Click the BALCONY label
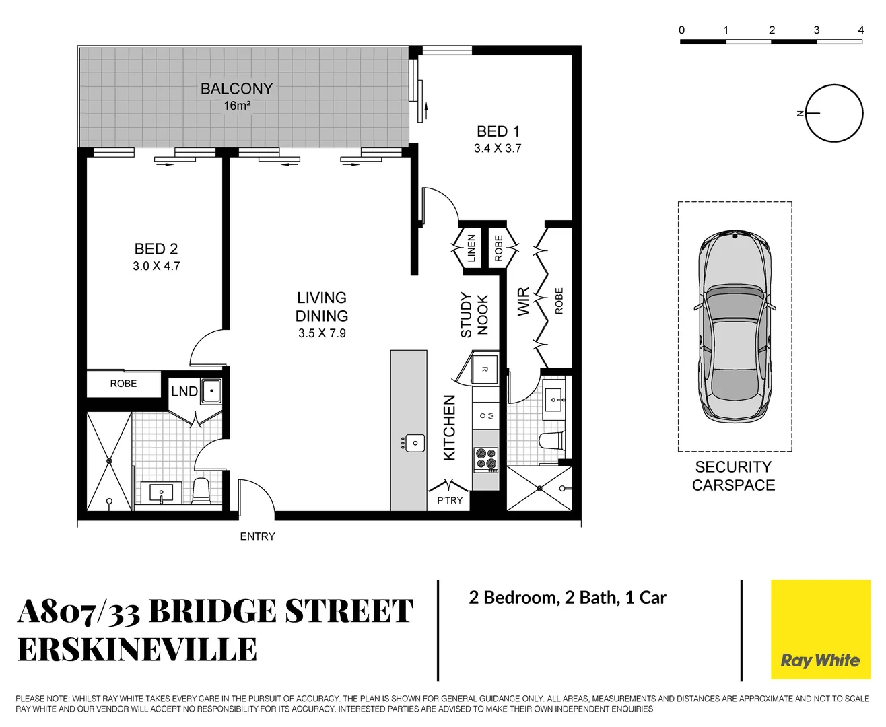pos(236,89)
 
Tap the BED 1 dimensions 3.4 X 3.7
pos(498,149)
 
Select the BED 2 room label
pos(156,249)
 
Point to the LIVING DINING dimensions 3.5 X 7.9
pos(322,333)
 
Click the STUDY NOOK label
pos(474,314)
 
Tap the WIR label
pos(523,302)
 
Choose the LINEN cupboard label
pos(471,248)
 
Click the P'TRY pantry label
pos(450,500)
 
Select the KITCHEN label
pos(449,427)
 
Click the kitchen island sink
pos(414,443)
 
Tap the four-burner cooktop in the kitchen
pos(485,458)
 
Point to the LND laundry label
pos(184,392)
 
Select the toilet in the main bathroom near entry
pos(201,491)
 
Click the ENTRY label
pos(257,536)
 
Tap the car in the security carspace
pos(734,326)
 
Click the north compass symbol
pos(833,114)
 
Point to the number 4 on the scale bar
pos(860,30)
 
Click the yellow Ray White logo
pos(819,629)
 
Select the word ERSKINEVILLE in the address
pos(137,650)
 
